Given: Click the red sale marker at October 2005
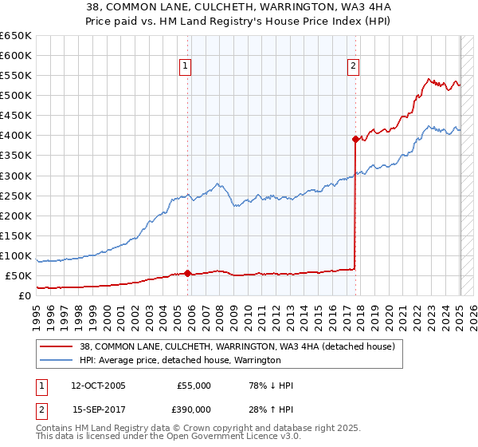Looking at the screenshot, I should [188, 273].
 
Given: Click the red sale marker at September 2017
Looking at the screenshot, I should [355, 139].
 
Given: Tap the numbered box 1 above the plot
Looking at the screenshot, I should [185, 67].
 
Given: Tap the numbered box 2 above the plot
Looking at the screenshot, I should [352, 67].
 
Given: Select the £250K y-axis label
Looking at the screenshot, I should [17, 196].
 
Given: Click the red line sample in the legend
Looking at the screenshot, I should [57, 347].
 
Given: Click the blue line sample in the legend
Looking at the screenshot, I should [57, 361].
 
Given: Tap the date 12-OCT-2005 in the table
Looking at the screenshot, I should [99, 386].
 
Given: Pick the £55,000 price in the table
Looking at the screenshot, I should [194, 386].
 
